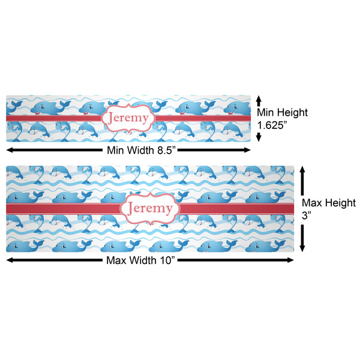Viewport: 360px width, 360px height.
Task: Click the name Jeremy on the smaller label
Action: pyautogui.click(x=128, y=118)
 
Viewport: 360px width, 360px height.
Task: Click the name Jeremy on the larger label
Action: pyautogui.click(x=150, y=208)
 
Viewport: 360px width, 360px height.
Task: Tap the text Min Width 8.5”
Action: pyautogui.click(x=141, y=151)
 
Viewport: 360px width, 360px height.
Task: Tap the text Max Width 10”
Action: pyautogui.click(x=141, y=260)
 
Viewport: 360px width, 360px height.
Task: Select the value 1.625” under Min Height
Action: pyautogui.click(x=272, y=125)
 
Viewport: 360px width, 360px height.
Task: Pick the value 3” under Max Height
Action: pyautogui.click(x=307, y=215)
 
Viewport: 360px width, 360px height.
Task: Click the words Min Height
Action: pyautogui.click(x=282, y=113)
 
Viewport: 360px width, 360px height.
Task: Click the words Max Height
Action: pyautogui.click(x=329, y=203)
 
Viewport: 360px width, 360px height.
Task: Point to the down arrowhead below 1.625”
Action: pyautogui.click(x=259, y=138)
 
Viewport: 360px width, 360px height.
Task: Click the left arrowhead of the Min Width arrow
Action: pyautogui.click(x=10, y=150)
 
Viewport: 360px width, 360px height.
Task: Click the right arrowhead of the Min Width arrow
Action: pyautogui.click(x=247, y=150)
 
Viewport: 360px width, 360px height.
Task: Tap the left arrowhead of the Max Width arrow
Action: pyautogui.click(x=10, y=260)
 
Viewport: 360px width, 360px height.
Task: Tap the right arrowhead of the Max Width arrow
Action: pyautogui.click(x=290, y=260)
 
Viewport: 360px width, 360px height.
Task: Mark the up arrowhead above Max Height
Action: pyautogui.click(x=302, y=169)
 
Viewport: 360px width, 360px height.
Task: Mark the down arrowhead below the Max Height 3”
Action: pyautogui.click(x=302, y=248)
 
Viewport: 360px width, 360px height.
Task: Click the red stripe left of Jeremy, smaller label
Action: pyautogui.click(x=53, y=118)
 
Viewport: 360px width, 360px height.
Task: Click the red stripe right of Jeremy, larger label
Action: pyautogui.click(x=237, y=209)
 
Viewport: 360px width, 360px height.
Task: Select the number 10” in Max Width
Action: pyautogui.click(x=166, y=260)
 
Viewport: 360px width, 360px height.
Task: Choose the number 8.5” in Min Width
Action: pyautogui.click(x=166, y=151)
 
